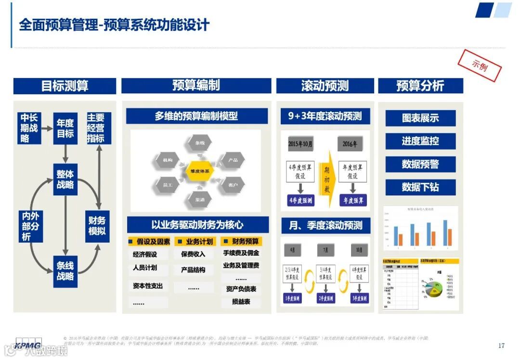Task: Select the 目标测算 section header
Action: click(65, 86)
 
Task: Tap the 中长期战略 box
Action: click(29, 128)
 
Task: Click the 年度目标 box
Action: click(65, 128)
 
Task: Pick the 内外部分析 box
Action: click(30, 226)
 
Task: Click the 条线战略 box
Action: click(65, 271)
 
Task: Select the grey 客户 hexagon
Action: click(233, 184)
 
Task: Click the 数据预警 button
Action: click(420, 164)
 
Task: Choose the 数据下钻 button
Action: click(420, 187)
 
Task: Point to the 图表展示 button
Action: click(420, 118)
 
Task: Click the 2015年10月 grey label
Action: click(300, 144)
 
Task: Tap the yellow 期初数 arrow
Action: click(327, 176)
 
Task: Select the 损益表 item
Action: click(241, 302)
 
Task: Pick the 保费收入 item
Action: click(193, 254)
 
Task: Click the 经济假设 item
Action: click(145, 255)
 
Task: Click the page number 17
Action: click(501, 345)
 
